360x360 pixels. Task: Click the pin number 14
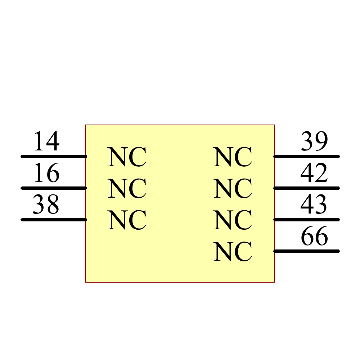(x=46, y=141)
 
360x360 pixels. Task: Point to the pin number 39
(x=314, y=141)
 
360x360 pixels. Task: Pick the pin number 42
(x=314, y=173)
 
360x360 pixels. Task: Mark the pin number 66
(x=314, y=236)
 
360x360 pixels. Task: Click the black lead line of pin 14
(x=54, y=156)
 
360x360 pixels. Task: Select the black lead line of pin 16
(x=54, y=188)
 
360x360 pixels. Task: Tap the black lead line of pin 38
(x=54, y=219)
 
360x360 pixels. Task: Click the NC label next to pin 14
(x=127, y=157)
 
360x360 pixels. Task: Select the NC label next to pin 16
(x=127, y=189)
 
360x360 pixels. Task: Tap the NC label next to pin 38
(x=127, y=220)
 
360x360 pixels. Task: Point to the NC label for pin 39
(x=233, y=157)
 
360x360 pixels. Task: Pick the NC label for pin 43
(x=233, y=220)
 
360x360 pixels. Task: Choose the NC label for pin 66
(x=233, y=252)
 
